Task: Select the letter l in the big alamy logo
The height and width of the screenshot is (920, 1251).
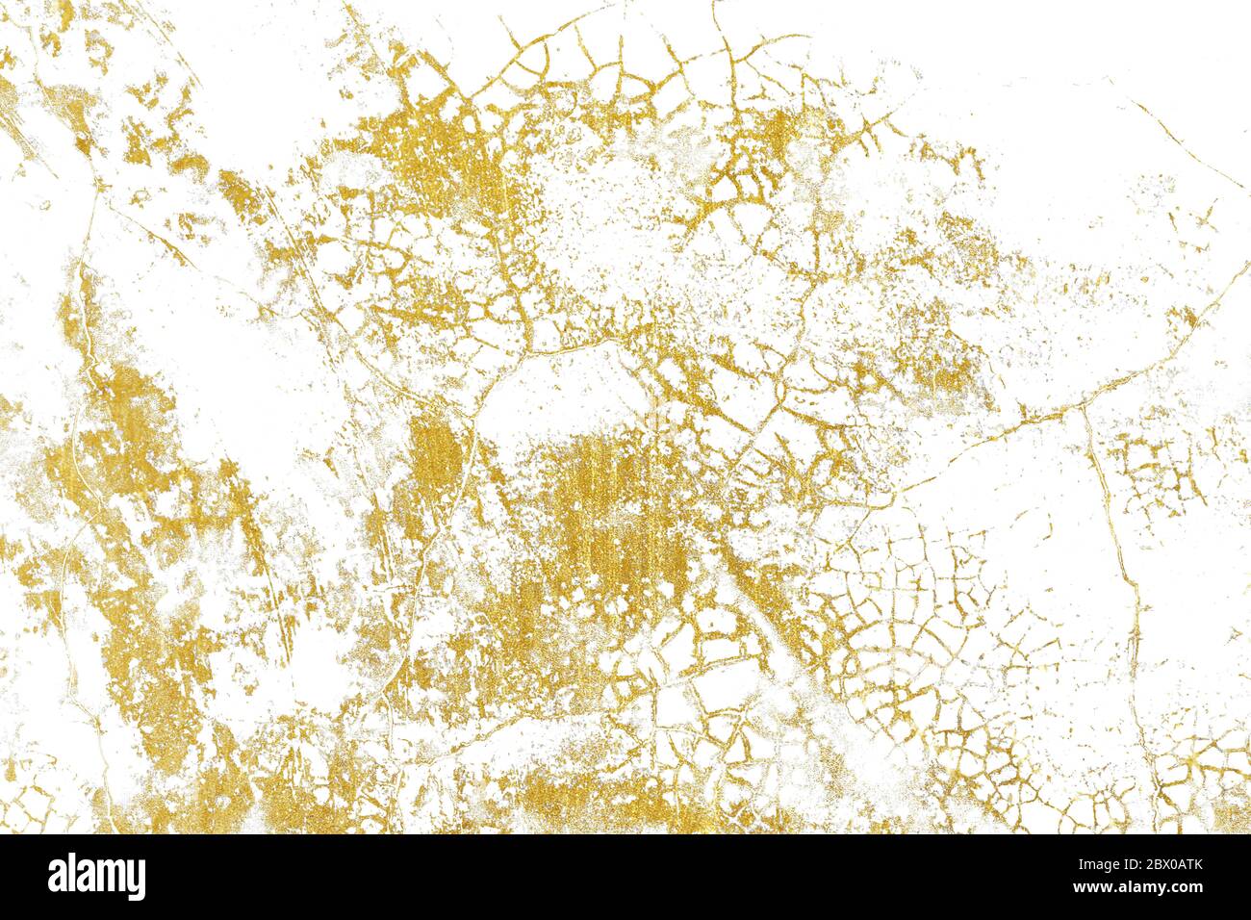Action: [74, 875]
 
